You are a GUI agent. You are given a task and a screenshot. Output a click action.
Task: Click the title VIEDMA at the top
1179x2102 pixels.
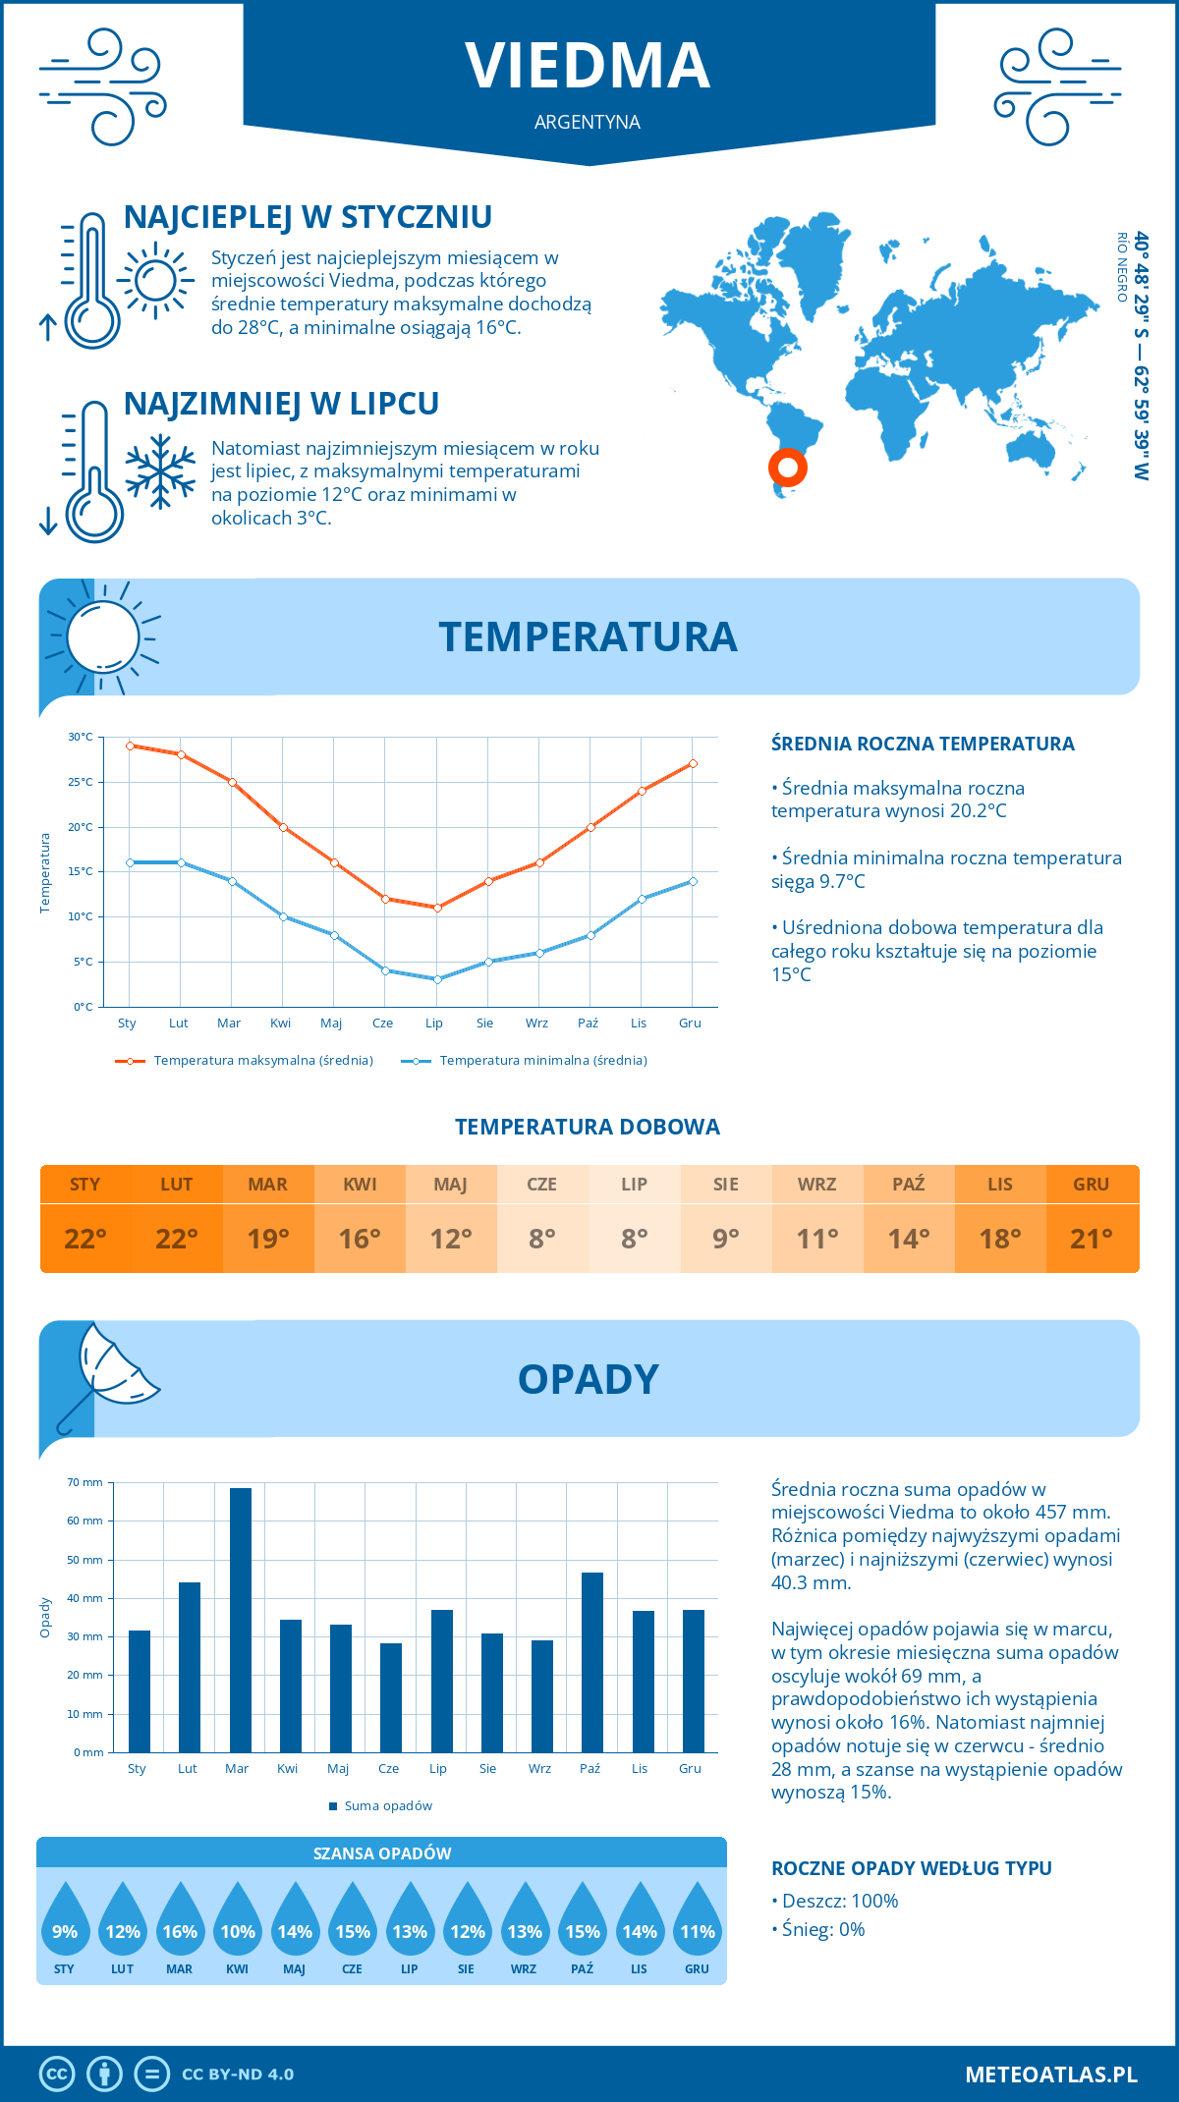click(x=588, y=66)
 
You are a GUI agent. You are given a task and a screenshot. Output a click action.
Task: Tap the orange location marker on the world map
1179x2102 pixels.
click(x=787, y=468)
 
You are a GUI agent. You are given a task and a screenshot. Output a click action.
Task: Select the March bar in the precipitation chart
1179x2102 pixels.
click(x=240, y=1621)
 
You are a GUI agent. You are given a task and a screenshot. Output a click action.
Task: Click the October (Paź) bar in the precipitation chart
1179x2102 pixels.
click(x=592, y=1662)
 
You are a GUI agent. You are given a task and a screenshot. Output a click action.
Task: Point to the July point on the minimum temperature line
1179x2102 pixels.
click(x=437, y=979)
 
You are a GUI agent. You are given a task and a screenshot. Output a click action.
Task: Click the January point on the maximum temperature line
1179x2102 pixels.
click(x=130, y=746)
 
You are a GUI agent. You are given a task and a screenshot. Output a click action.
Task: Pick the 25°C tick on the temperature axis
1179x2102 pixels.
click(x=81, y=782)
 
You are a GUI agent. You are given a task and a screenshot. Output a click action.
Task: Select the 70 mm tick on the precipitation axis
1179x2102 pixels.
click(x=85, y=1482)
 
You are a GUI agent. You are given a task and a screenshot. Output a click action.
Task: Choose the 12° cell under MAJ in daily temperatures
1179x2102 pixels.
click(x=451, y=1239)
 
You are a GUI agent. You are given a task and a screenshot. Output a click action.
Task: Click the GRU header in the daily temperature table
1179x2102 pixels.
click(x=1091, y=1184)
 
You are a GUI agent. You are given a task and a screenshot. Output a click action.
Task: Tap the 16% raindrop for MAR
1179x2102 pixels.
click(x=180, y=1923)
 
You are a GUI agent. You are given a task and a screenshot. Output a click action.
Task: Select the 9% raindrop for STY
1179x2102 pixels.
click(x=65, y=1923)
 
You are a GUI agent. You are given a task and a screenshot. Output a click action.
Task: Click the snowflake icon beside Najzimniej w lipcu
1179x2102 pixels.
click(x=160, y=471)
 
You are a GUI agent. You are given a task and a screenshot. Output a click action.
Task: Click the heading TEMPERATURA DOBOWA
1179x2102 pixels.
click(x=588, y=1127)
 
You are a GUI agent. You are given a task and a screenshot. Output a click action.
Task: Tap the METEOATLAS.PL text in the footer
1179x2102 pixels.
click(x=1050, y=2074)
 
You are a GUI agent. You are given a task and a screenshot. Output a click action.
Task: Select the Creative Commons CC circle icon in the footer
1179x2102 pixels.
click(x=57, y=2074)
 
